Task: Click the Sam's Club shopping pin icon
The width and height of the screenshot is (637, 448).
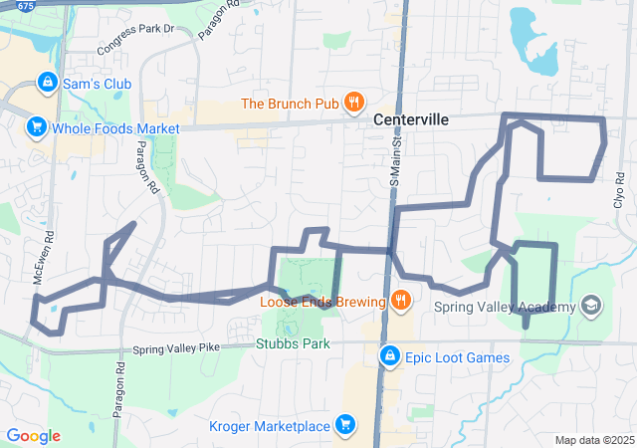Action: (x=46, y=82)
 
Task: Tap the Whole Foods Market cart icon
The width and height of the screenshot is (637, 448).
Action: (x=36, y=126)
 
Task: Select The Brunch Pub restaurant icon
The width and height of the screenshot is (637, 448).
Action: (x=352, y=102)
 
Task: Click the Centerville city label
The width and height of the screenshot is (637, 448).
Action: (x=411, y=119)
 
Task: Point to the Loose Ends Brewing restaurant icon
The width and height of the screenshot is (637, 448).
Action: (x=399, y=300)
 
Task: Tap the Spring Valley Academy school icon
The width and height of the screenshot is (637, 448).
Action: (x=591, y=305)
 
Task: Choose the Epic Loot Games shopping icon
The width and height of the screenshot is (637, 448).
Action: (x=389, y=355)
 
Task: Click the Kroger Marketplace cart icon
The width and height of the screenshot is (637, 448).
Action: (x=345, y=425)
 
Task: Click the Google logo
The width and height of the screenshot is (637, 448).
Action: (x=34, y=436)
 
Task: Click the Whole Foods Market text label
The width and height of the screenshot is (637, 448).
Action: (x=116, y=128)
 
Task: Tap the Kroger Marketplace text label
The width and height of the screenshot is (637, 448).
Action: (x=270, y=427)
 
